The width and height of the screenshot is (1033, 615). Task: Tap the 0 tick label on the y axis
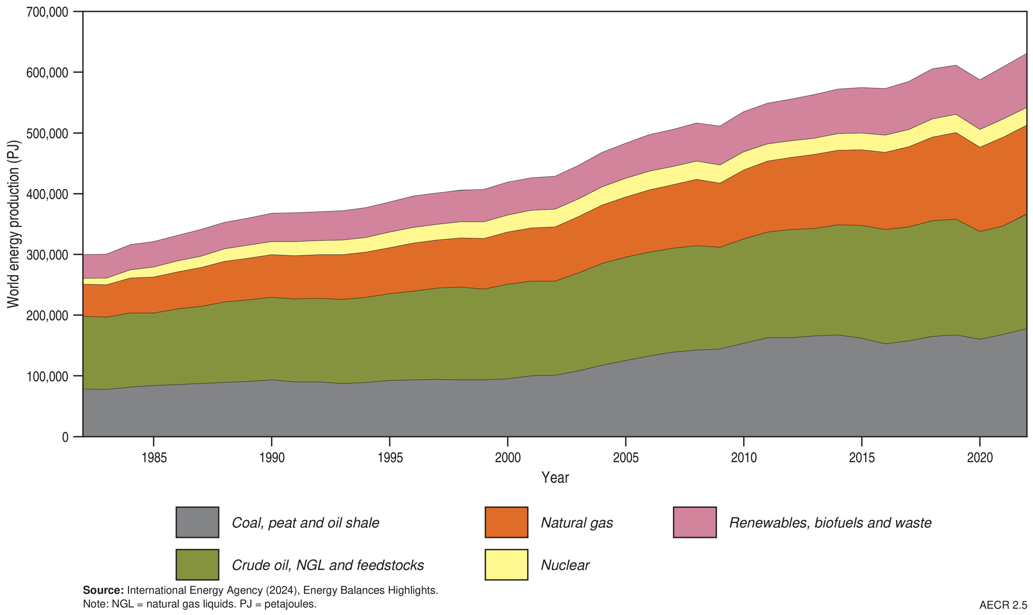pos(65,437)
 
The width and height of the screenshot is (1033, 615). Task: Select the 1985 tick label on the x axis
pos(153,458)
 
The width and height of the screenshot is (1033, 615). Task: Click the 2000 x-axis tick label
pos(508,458)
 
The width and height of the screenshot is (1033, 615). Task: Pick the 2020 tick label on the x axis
pos(979,458)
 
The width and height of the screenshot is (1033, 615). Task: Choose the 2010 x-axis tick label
pos(744,458)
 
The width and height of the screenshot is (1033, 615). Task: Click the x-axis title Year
pos(555,478)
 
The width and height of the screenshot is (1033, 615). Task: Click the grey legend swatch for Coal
pos(197,523)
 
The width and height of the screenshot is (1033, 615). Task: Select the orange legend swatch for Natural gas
pos(506,523)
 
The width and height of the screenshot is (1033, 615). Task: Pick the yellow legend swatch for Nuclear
pos(506,565)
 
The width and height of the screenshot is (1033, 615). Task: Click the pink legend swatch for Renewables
pos(695,523)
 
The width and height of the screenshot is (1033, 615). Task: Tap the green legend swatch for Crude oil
pos(197,565)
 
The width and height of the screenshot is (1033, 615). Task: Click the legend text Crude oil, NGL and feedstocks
pos(327,565)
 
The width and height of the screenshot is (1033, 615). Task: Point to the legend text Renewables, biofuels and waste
pos(830,523)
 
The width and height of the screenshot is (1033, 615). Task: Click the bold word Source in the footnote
pos(103,590)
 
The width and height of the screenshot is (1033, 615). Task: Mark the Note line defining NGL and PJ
pos(199,604)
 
